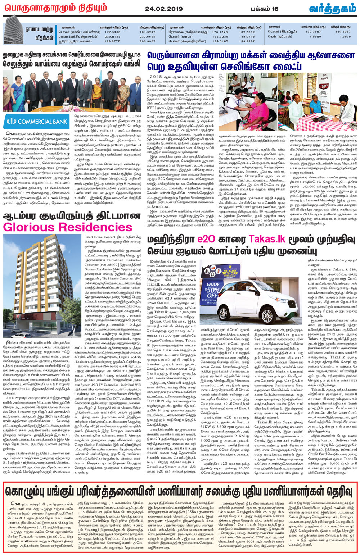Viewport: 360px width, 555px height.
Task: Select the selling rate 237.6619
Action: pos(147,37)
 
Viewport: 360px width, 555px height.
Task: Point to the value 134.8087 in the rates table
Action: pos(343,32)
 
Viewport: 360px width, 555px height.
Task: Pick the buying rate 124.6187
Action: pos(220,41)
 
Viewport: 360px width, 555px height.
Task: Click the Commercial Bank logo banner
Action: pos(37,121)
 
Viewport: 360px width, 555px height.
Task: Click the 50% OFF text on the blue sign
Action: pos(214,292)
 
